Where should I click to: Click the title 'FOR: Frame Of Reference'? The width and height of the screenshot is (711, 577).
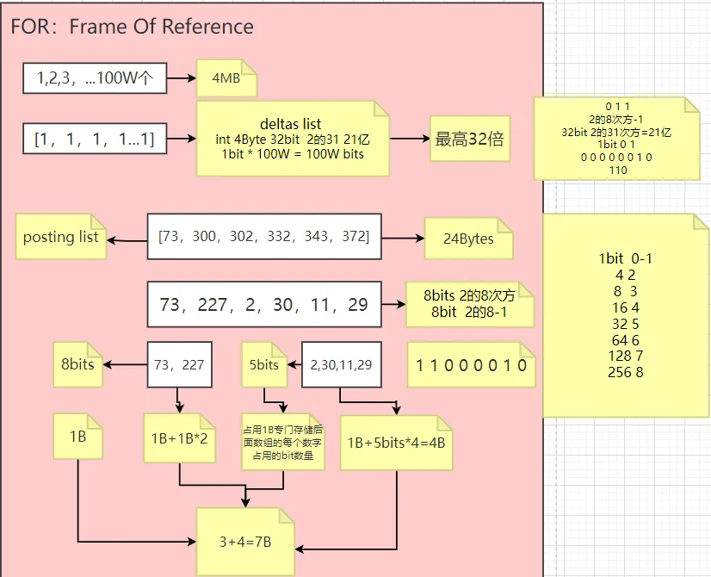[x=132, y=27]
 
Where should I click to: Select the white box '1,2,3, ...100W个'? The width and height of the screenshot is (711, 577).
[x=95, y=78]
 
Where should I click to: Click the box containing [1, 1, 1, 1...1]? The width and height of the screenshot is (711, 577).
[x=95, y=139]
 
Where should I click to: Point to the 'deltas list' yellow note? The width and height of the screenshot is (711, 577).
[x=292, y=139]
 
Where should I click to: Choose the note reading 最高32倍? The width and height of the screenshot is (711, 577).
[x=470, y=140]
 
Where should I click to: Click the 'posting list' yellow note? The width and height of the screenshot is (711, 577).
[x=61, y=237]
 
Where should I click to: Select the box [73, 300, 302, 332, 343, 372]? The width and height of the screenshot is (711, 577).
[x=263, y=236]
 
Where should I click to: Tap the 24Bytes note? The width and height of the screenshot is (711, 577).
[x=468, y=238]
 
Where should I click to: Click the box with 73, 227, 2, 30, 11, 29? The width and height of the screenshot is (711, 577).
[x=263, y=304]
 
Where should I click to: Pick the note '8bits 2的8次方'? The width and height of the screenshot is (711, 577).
[x=470, y=303]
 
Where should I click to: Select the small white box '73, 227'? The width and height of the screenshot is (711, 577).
[x=179, y=364]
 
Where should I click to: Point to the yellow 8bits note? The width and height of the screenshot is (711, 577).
[x=77, y=364]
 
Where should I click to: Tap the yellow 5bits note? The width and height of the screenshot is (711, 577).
[x=264, y=364]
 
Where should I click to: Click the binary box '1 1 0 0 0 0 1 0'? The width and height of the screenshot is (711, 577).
[x=471, y=365]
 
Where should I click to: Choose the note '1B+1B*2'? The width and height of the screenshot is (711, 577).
[x=180, y=437]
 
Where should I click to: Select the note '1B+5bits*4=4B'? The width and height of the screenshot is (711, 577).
[x=395, y=443]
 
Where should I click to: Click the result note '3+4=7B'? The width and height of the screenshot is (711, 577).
[x=245, y=541]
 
